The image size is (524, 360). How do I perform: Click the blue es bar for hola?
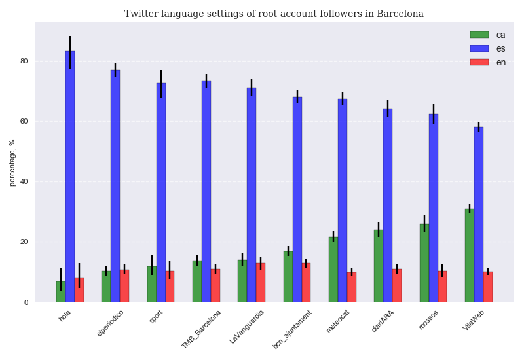(70, 177)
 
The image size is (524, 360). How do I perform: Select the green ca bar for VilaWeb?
(470, 255)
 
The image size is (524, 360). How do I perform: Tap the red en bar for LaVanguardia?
(261, 283)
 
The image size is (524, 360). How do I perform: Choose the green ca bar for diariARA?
(379, 266)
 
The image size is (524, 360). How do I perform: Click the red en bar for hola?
(79, 290)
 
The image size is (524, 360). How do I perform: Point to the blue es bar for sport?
(161, 193)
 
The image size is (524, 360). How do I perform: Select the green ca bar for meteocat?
(333, 270)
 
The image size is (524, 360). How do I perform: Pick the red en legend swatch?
(479, 62)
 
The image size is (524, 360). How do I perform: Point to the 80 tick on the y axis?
(24, 62)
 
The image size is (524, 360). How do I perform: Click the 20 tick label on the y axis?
(24, 242)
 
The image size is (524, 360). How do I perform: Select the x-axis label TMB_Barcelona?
(202, 329)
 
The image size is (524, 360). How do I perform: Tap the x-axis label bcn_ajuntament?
(293, 329)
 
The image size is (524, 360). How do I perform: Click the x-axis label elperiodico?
(111, 323)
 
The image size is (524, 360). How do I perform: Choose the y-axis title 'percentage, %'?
(12, 162)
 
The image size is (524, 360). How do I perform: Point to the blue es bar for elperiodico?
(115, 187)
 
